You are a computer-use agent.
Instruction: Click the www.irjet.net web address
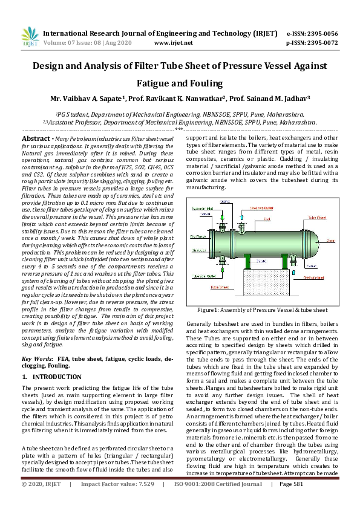click(173, 43)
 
